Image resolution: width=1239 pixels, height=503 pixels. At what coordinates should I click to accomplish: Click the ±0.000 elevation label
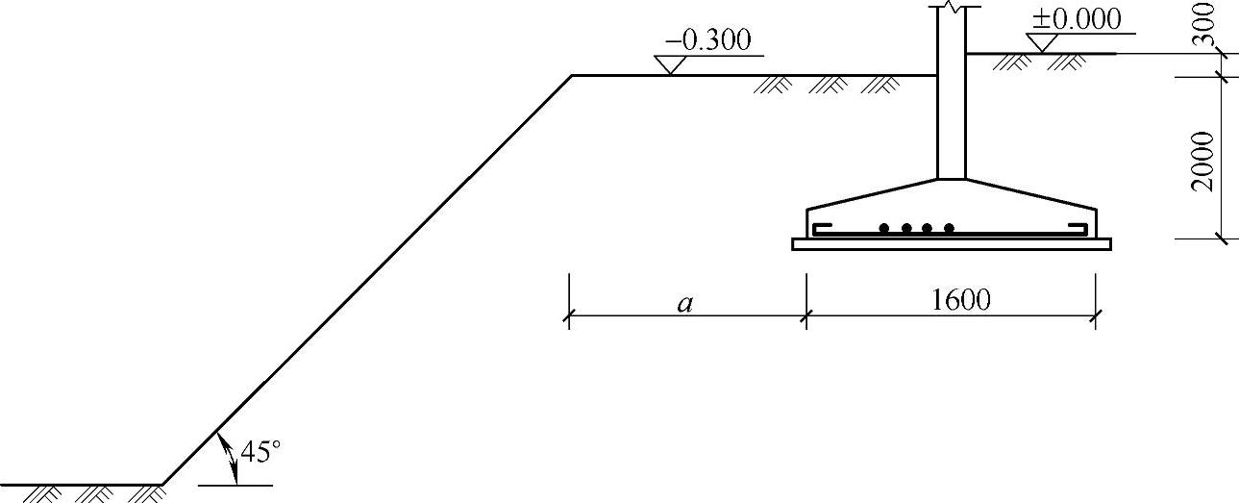tap(1077, 20)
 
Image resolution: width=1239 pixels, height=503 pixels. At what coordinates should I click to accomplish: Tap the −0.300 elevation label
tap(708, 40)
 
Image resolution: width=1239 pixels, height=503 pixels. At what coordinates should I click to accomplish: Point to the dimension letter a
tap(685, 304)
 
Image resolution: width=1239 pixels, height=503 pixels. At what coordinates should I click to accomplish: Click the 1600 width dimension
tap(961, 300)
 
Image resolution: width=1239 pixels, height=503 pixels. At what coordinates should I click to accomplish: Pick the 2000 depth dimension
tap(1203, 162)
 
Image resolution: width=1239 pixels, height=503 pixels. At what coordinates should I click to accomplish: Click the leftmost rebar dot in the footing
tap(884, 228)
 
